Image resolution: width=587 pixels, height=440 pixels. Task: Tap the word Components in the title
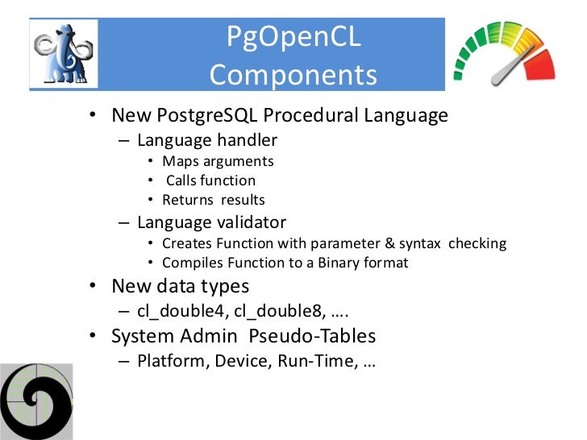(x=293, y=75)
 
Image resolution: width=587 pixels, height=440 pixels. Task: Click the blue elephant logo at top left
(x=64, y=53)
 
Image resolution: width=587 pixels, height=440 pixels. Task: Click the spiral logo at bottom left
(x=36, y=401)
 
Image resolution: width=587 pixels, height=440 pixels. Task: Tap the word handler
(x=247, y=140)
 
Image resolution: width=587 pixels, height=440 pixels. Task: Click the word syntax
(x=419, y=243)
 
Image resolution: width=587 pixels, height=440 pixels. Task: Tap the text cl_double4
(x=179, y=311)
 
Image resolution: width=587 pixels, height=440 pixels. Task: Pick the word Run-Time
(x=314, y=360)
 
